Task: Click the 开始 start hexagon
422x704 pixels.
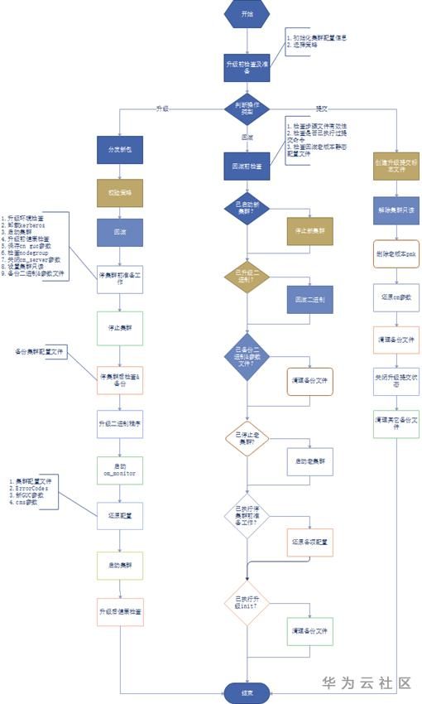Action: pyautogui.click(x=247, y=15)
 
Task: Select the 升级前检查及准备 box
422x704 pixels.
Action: pyautogui.click(x=247, y=67)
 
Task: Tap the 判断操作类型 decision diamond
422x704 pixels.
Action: pyautogui.click(x=247, y=108)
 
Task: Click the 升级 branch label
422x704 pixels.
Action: pyautogui.click(x=163, y=109)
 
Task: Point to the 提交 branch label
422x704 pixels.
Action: pyautogui.click(x=321, y=109)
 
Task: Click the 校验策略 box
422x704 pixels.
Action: pyautogui.click(x=120, y=191)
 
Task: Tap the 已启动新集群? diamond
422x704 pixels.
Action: pyautogui.click(x=247, y=213)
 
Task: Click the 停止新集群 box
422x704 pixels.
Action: pyautogui.click(x=309, y=232)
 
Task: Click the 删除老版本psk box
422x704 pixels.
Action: pyautogui.click(x=398, y=253)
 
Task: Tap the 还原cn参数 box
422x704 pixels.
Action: pyautogui.click(x=398, y=296)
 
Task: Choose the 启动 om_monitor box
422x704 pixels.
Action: pyautogui.click(x=120, y=469)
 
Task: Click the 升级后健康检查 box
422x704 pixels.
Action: pyautogui.click(x=120, y=611)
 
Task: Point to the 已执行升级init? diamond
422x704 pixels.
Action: pyautogui.click(x=247, y=605)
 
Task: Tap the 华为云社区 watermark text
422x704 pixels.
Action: pyautogui.click(x=367, y=683)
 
